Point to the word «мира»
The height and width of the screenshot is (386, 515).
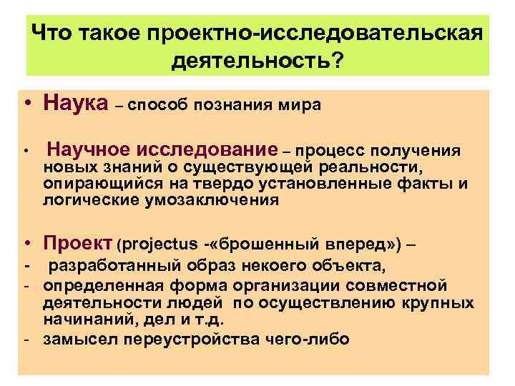[302, 107]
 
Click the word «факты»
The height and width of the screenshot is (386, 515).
[429, 184]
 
